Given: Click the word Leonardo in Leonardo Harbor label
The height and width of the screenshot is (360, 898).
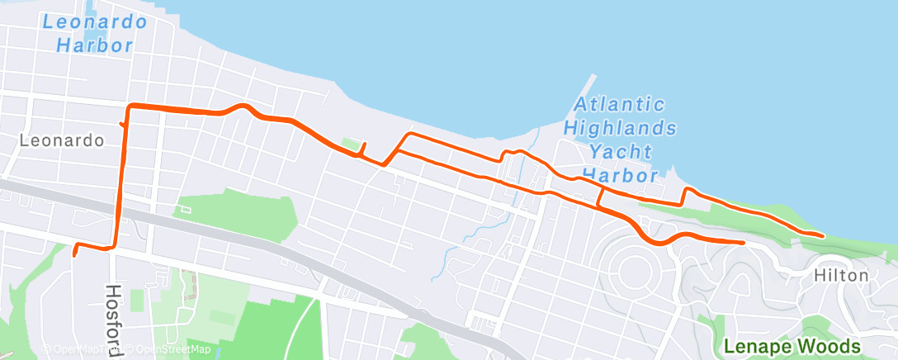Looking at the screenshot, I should (x=95, y=20).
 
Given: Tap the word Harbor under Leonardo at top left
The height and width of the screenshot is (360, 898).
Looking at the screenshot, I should (x=95, y=45).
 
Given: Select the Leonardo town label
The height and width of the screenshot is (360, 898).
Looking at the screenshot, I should (x=62, y=140).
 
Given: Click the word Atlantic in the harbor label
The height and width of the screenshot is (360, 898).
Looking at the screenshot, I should (x=620, y=105).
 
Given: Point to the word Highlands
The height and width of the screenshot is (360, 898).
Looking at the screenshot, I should (x=621, y=129).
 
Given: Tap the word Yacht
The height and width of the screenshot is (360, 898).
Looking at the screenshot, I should (x=622, y=152).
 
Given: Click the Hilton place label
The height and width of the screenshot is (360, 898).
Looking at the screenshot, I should (x=841, y=275).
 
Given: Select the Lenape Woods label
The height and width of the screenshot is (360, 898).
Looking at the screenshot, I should (x=792, y=346).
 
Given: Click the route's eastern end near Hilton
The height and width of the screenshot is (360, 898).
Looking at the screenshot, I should (x=822, y=235).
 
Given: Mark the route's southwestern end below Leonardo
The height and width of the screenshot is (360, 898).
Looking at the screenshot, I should (x=74, y=254).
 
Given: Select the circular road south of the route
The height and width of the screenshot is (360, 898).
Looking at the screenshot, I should (x=633, y=268).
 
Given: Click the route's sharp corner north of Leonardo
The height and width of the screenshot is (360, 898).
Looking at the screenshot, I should (x=128, y=107).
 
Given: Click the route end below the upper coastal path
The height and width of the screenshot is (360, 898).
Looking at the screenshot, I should (x=742, y=243).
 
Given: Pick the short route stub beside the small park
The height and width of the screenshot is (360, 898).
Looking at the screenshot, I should (x=364, y=149).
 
